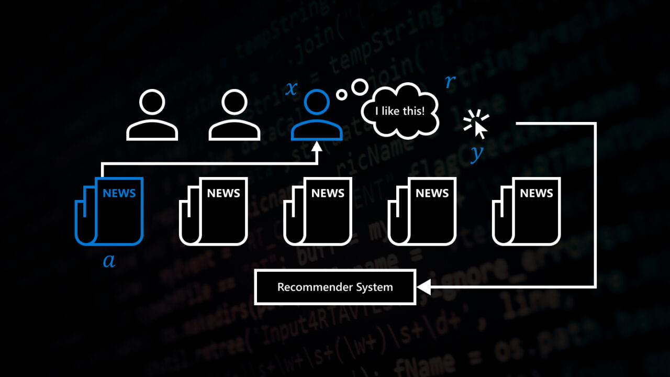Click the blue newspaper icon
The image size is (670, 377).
pos(110,212)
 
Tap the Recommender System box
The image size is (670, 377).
pos(335,287)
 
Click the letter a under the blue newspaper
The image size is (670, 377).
pos(109,260)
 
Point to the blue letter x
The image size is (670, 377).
pos(291,88)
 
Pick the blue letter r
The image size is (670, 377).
pos(450,82)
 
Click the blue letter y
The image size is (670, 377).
pos(476,153)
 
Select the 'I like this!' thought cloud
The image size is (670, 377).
pos(400,110)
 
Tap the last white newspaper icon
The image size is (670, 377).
pos(527,212)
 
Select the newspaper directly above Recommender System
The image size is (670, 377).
pos(318,212)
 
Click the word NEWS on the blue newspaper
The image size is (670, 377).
pos(119,193)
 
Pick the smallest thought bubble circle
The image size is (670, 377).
pos(341,95)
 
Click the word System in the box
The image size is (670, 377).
pos(374,287)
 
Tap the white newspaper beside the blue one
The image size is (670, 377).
pos(214,212)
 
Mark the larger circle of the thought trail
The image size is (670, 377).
pos(360,86)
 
